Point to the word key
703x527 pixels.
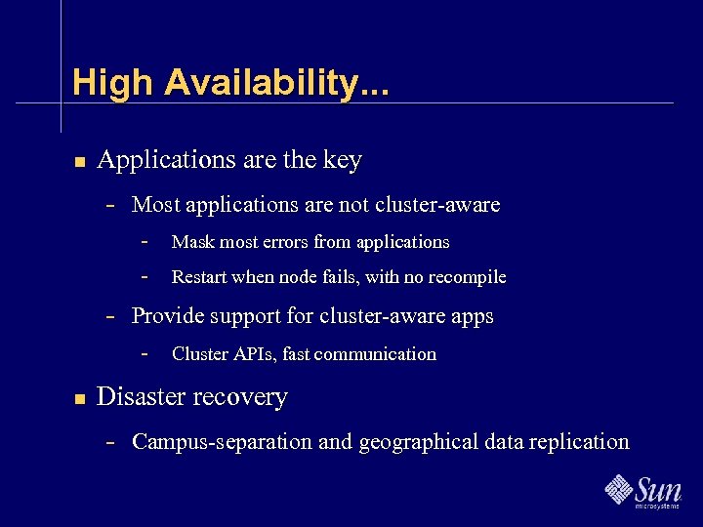tap(342, 160)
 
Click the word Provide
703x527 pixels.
tap(167, 316)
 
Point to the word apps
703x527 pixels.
tap(472, 317)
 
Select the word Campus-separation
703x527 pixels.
tap(223, 442)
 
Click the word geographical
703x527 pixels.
tap(421, 443)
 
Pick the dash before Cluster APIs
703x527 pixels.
tap(145, 353)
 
